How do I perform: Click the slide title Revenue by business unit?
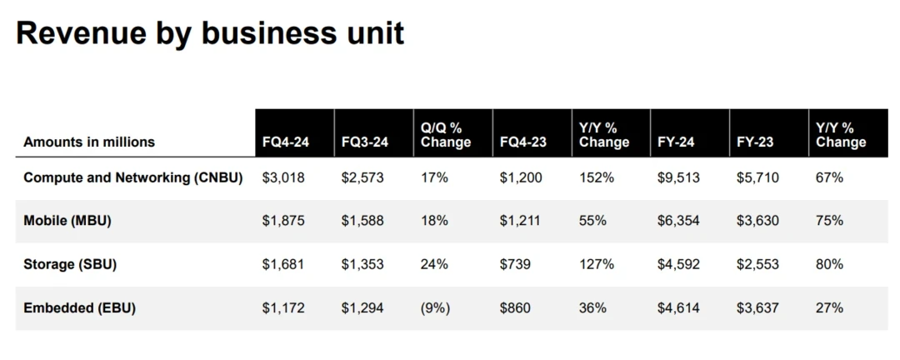(x=210, y=33)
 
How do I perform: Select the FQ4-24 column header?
(x=286, y=142)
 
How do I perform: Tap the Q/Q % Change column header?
(x=446, y=135)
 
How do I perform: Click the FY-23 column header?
(x=755, y=142)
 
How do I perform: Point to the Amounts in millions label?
(x=89, y=142)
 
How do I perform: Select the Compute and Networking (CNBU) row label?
(x=133, y=177)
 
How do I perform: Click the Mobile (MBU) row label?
(x=67, y=221)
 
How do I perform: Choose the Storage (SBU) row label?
(x=70, y=264)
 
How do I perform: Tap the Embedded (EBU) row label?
(x=79, y=307)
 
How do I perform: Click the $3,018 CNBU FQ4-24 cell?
(x=283, y=177)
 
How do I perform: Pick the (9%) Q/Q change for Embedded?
(x=436, y=307)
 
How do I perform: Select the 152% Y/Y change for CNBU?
(x=597, y=177)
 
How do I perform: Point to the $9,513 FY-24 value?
(x=678, y=177)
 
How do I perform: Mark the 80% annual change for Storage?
(x=830, y=264)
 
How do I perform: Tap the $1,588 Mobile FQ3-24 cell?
(x=362, y=221)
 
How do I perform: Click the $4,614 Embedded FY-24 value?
(x=678, y=307)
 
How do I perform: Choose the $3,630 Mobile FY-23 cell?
(x=757, y=221)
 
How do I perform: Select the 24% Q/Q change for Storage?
(x=434, y=264)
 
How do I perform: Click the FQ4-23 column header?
(x=523, y=142)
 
